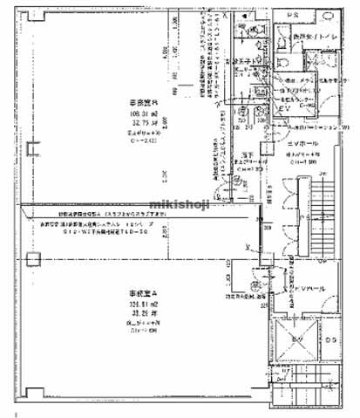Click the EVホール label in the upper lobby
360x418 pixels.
click(x=301, y=141)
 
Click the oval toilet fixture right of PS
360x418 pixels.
click(x=331, y=17)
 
